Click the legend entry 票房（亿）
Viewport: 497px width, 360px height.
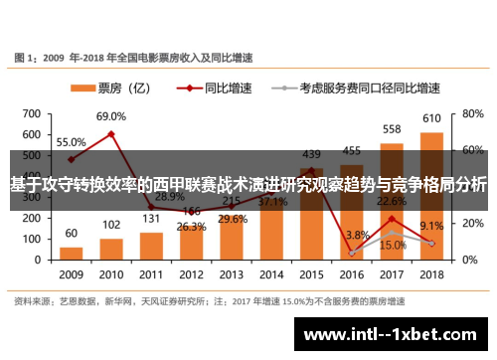(x=111, y=87)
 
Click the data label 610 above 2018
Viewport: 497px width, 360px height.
(x=431, y=119)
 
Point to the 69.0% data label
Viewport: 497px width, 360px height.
(x=110, y=117)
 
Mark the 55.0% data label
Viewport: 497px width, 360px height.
(x=71, y=142)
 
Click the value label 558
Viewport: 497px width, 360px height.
(x=392, y=129)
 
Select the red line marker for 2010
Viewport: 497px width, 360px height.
(x=111, y=133)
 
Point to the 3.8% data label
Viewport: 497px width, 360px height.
(x=356, y=236)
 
